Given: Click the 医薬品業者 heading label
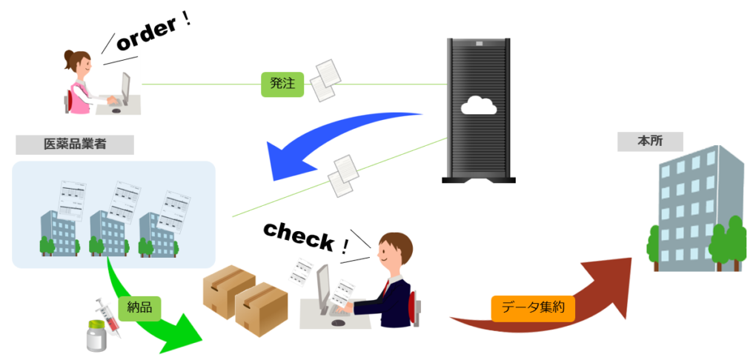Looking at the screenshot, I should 75,144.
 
